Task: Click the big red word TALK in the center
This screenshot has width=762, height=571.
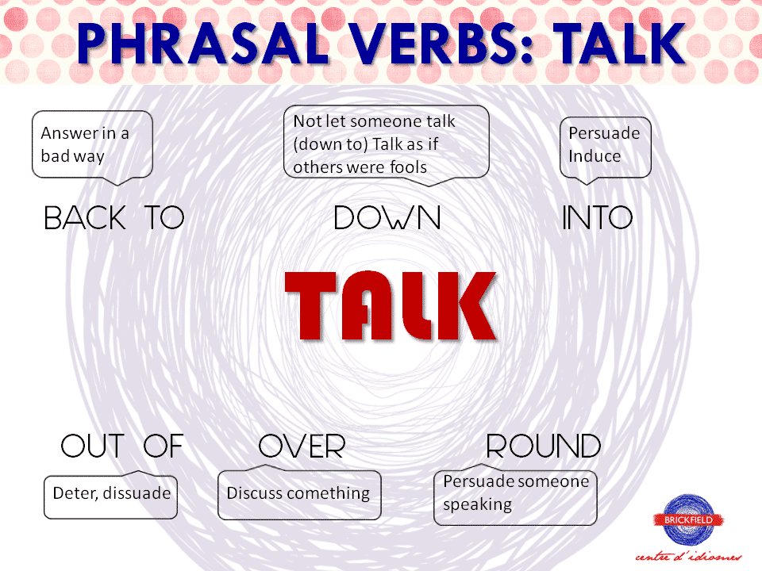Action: click(391, 306)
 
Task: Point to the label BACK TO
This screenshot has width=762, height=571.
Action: click(114, 218)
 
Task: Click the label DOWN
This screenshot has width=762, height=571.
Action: click(387, 218)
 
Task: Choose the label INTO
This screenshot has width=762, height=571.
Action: click(597, 218)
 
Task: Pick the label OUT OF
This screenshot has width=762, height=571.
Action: click(121, 446)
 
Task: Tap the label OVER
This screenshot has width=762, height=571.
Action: click(302, 446)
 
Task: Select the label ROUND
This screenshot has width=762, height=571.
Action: click(543, 446)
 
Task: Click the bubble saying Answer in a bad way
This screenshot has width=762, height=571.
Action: click(91, 145)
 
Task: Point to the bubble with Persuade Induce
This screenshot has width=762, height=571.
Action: click(605, 146)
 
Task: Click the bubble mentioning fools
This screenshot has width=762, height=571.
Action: click(386, 144)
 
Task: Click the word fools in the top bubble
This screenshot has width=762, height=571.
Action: click(406, 167)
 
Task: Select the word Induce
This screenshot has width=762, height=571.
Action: click(595, 155)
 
